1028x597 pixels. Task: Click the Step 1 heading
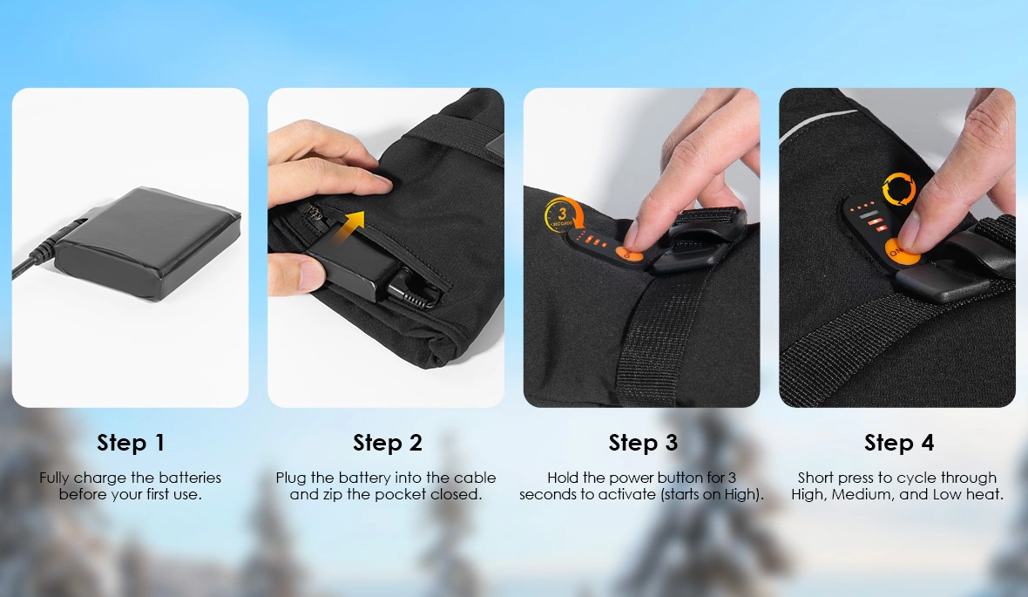(x=131, y=443)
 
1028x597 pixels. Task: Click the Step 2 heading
(x=388, y=443)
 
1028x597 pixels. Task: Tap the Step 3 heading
(x=643, y=443)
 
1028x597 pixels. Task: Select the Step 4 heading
(x=899, y=443)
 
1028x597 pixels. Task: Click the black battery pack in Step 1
(x=147, y=243)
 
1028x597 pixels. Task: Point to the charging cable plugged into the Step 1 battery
(x=46, y=246)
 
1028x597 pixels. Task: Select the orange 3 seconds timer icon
(x=563, y=215)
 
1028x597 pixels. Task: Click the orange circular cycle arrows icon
(x=899, y=189)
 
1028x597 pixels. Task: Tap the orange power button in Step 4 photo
(x=899, y=251)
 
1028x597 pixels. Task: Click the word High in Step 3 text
(x=742, y=495)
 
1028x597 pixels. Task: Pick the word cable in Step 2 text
(x=475, y=478)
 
